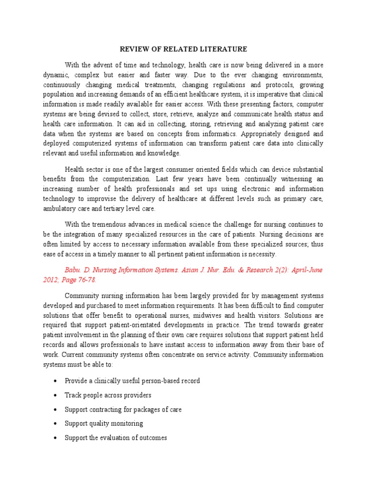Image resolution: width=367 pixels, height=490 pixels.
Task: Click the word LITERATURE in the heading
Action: pyautogui.click(x=227, y=49)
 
